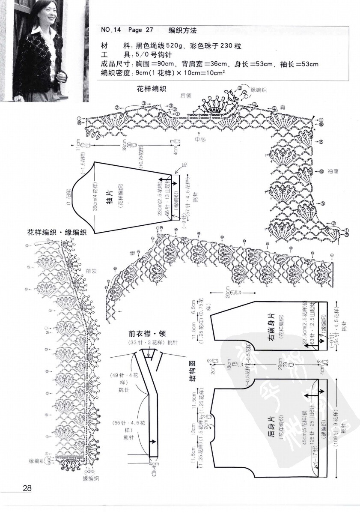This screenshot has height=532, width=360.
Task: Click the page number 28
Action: pyautogui.click(x=27, y=488)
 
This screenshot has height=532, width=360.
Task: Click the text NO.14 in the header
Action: pyautogui.click(x=111, y=30)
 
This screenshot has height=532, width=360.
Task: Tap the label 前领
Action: pyautogui.click(x=91, y=271)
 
